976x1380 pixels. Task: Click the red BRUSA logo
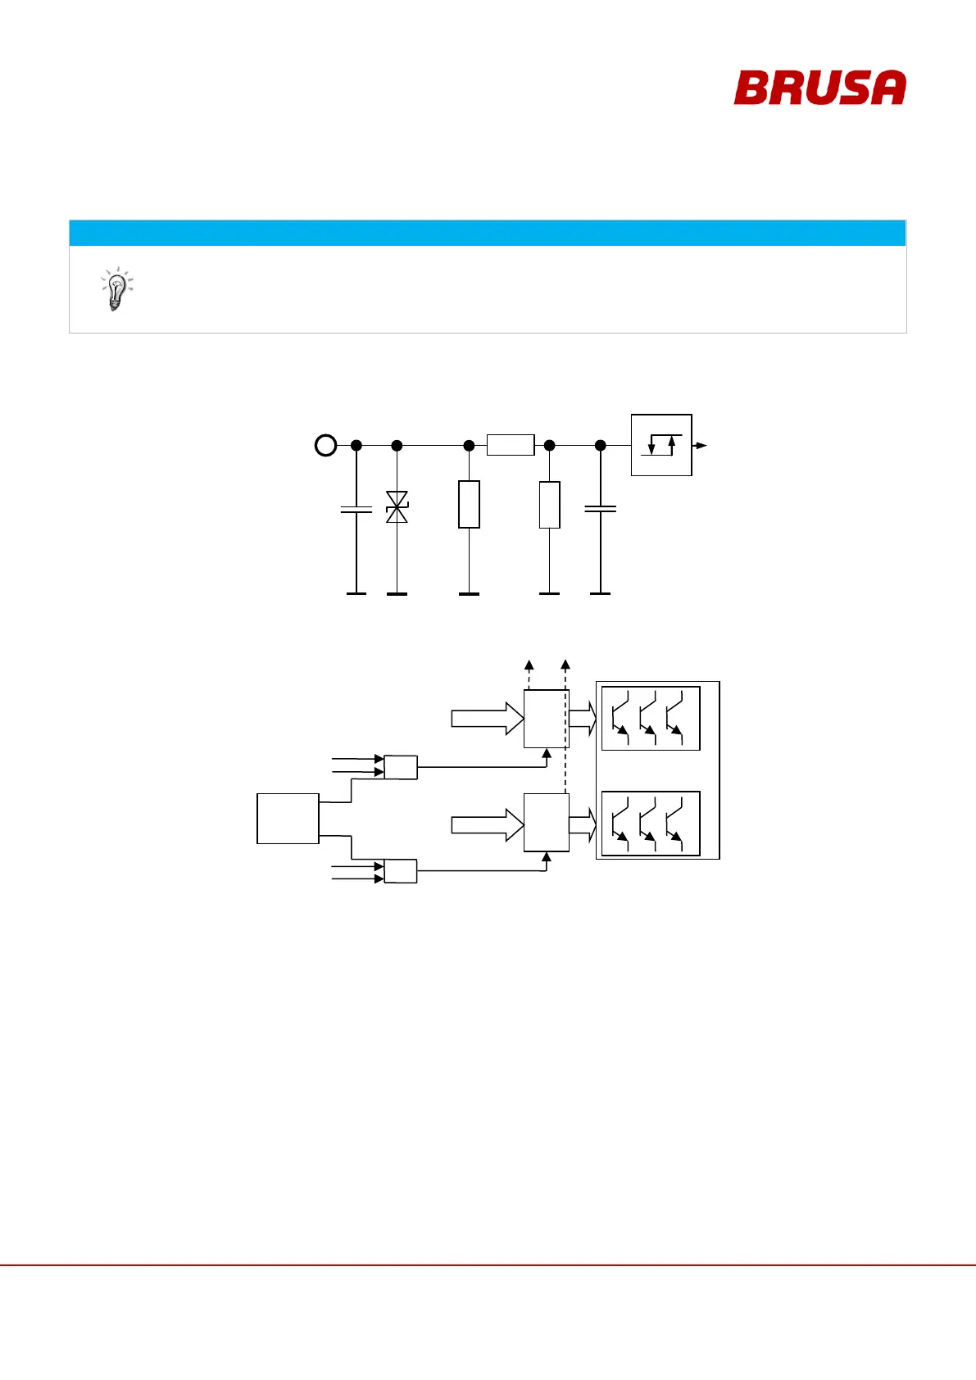[819, 88]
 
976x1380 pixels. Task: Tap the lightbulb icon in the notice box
[116, 288]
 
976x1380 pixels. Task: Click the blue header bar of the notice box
[487, 233]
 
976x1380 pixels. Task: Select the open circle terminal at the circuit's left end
[325, 446]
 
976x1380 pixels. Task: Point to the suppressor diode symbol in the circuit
[397, 507]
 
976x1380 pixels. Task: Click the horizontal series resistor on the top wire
[511, 445]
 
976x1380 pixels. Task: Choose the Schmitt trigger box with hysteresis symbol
[661, 445]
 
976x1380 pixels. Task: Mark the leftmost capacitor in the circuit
[356, 510]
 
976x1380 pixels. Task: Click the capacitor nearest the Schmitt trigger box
[600, 509]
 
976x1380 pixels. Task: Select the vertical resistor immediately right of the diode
[469, 505]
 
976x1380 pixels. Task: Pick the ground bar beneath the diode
[397, 593]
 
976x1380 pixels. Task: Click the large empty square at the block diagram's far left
[288, 818]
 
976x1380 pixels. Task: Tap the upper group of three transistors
[651, 719]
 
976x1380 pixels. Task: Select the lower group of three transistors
[651, 824]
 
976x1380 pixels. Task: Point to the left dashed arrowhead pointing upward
[529, 665]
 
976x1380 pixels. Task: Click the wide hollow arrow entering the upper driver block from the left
[488, 719]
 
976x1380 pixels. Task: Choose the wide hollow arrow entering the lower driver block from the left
[488, 825]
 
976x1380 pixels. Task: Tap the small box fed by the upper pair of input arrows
[401, 767]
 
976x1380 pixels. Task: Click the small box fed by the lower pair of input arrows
[401, 871]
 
